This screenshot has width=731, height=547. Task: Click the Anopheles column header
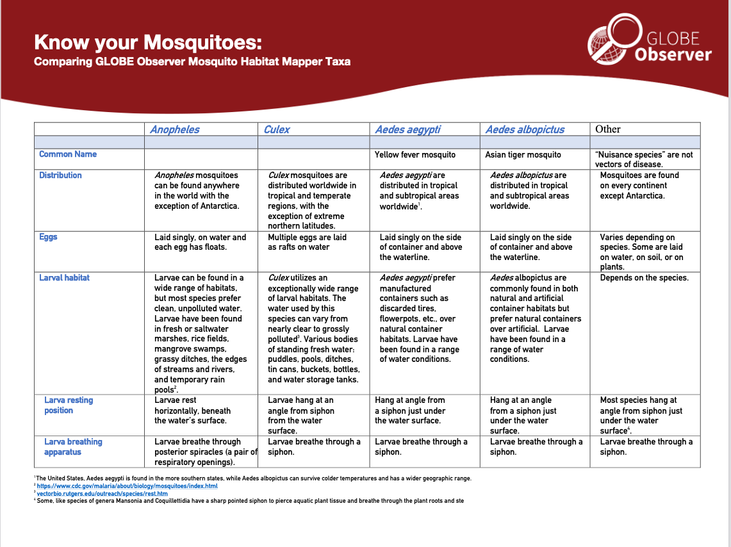[174, 129]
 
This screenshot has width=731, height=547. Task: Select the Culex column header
[277, 129]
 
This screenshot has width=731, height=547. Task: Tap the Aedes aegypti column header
[407, 129]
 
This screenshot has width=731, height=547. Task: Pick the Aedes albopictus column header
[525, 129]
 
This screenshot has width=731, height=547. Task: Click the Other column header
[607, 129]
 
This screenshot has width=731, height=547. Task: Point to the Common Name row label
[68, 154]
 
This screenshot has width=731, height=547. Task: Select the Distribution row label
[60, 175]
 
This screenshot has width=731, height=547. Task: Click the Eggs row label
[48, 237]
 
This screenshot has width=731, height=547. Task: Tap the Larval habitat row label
[64, 278]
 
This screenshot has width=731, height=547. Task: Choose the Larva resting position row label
[69, 405]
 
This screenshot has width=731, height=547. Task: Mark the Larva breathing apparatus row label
[73, 447]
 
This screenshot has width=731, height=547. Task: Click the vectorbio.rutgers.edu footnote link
[102, 494]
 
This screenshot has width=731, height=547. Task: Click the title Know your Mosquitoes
[148, 43]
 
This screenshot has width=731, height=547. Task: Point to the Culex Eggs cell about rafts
[307, 242]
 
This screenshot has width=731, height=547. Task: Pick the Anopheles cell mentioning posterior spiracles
[206, 452]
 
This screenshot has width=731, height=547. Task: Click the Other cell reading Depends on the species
[644, 278]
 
